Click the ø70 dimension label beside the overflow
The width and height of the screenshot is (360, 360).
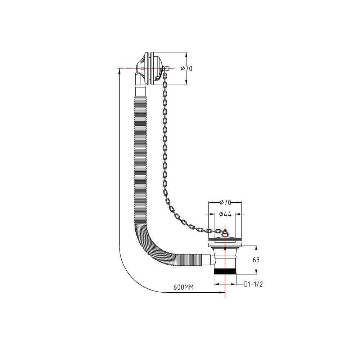(x=186, y=68)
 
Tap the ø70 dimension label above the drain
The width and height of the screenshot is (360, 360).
(x=225, y=202)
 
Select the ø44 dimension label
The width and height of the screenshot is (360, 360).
(x=225, y=214)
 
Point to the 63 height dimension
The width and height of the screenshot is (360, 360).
(x=256, y=260)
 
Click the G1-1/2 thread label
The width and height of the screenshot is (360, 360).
(x=253, y=284)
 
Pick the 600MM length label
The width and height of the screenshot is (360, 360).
(x=184, y=287)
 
